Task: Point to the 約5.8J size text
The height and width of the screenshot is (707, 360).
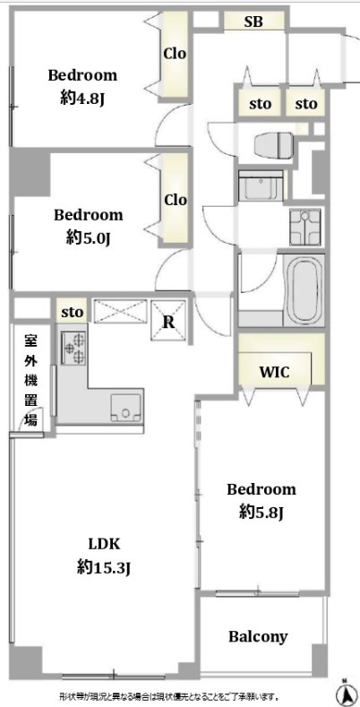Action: [261, 512]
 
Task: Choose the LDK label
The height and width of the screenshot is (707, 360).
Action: [104, 543]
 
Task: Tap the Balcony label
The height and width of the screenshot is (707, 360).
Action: [258, 637]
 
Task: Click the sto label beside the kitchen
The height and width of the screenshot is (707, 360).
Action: [73, 312]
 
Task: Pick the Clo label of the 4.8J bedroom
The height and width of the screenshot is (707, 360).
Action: [175, 54]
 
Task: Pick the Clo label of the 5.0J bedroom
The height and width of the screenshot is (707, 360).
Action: [175, 200]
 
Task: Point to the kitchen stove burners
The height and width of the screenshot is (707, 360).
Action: [73, 347]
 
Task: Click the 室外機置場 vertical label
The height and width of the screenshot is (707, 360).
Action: [31, 379]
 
